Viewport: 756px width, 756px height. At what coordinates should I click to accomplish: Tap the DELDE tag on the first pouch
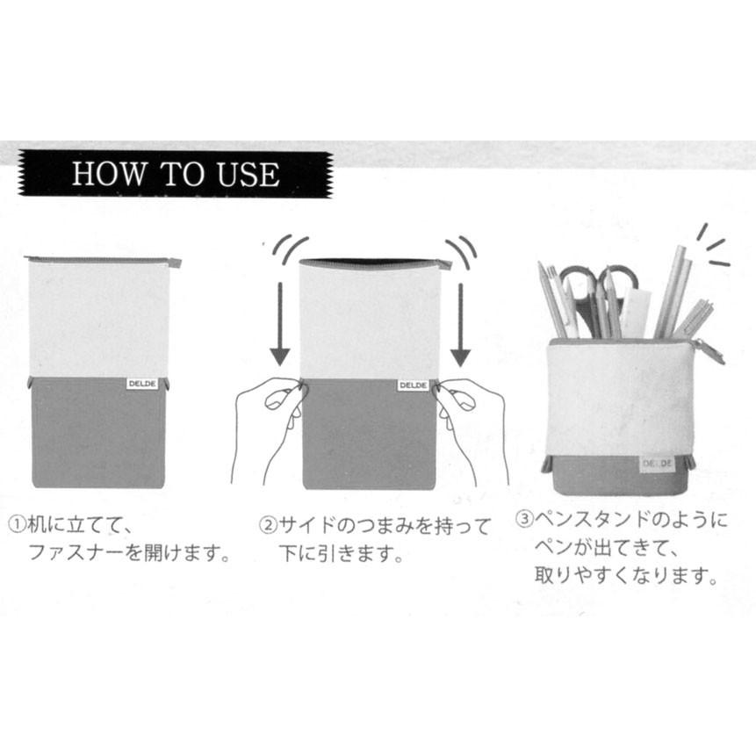click(141, 384)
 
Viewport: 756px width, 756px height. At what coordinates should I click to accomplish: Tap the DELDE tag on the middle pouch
click(414, 385)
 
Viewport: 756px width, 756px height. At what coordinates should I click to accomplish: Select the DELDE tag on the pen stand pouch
click(657, 464)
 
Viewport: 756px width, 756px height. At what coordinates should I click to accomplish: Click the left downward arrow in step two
click(279, 324)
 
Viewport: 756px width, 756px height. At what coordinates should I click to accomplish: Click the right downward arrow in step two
click(460, 324)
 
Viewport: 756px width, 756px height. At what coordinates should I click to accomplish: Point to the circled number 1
click(18, 524)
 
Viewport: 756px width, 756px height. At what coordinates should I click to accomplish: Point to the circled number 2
click(268, 525)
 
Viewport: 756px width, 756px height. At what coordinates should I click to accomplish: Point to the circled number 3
click(524, 519)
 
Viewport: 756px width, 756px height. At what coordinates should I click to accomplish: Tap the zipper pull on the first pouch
click(175, 263)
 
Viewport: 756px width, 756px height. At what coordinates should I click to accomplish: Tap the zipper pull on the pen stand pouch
click(709, 351)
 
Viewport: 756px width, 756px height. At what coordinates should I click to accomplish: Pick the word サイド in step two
click(307, 525)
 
